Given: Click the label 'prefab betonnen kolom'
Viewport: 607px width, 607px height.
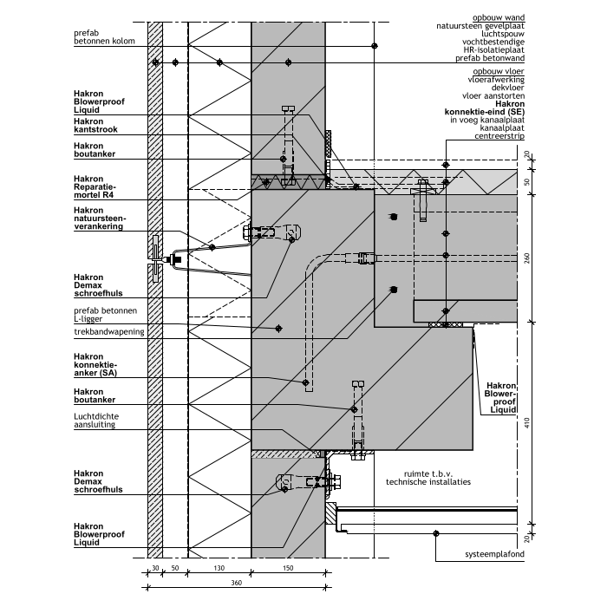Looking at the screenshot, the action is click(x=104, y=37).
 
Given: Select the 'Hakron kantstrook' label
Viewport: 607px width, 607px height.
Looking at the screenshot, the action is click(x=95, y=126).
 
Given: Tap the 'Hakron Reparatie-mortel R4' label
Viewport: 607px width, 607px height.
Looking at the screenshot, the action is click(x=95, y=186).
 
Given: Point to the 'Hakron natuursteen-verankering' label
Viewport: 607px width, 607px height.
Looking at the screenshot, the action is click(x=100, y=219).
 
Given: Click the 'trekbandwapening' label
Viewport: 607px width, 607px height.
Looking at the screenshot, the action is click(x=109, y=332).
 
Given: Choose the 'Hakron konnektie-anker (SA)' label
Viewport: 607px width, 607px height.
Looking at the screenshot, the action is click(x=95, y=365).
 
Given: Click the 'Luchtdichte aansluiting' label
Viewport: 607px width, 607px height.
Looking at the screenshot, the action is click(x=96, y=421).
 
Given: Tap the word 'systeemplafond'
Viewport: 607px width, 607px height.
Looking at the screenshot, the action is click(x=495, y=554).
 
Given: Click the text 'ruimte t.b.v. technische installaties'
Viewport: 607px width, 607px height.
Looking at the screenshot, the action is click(x=428, y=478).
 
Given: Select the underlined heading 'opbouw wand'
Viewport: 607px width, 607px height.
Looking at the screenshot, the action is click(x=499, y=17).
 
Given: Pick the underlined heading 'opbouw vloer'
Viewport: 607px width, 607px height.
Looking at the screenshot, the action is click(x=499, y=71).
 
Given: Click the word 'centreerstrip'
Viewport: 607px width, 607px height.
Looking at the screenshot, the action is click(x=499, y=136).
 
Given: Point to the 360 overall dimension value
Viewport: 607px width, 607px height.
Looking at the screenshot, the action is click(x=236, y=583).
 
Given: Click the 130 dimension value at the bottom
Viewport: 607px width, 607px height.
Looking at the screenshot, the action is click(x=219, y=568).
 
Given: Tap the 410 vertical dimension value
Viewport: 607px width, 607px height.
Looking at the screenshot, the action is click(x=526, y=423).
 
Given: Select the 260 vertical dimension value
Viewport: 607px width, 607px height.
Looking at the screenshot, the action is click(x=526, y=258).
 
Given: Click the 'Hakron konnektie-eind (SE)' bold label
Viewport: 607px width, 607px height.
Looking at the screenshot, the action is click(x=485, y=108).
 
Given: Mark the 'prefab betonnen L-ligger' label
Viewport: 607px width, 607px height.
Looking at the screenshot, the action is click(x=105, y=315).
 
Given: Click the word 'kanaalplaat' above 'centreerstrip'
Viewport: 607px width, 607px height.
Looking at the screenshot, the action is click(x=502, y=127).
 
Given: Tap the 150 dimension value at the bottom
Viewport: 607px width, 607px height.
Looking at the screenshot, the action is click(x=288, y=568).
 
